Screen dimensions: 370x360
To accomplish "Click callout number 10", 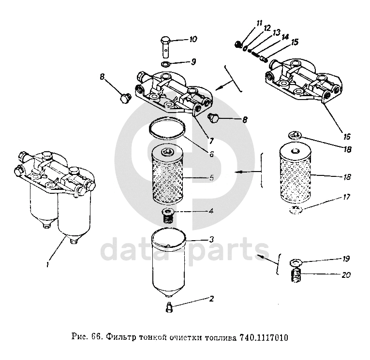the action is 192,39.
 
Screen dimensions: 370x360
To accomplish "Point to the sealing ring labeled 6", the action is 168,129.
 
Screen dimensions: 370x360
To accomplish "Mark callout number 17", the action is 346,197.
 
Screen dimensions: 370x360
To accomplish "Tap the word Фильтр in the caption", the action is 120,337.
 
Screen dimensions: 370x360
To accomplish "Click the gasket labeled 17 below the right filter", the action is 296,209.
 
